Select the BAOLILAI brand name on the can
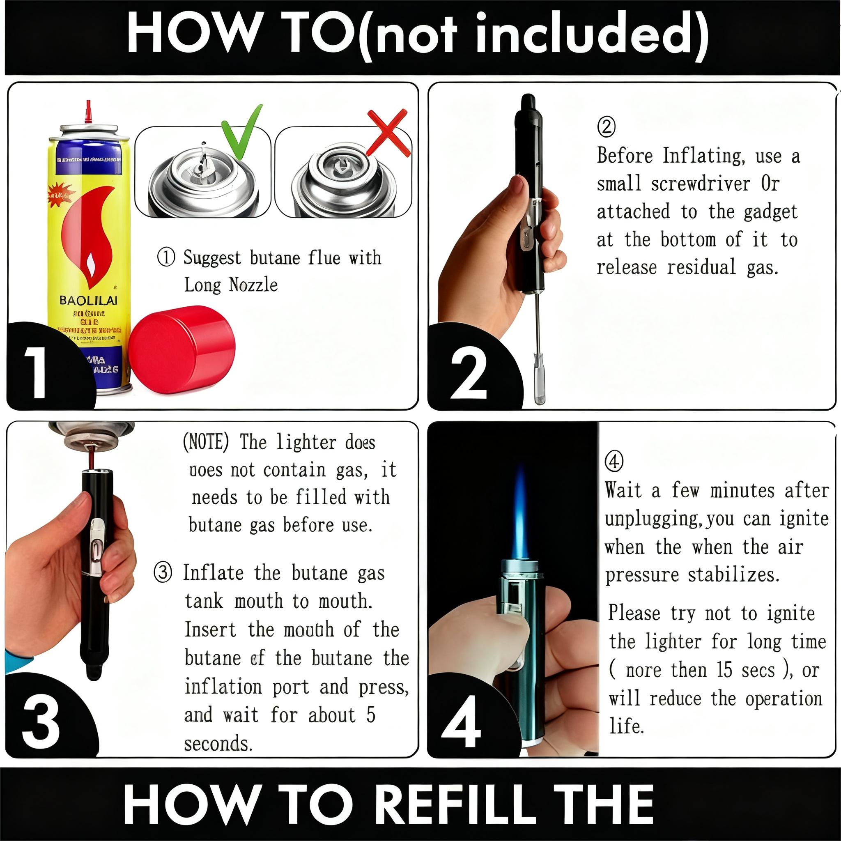[88, 300]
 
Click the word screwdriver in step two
[701, 184]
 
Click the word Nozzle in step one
[253, 285]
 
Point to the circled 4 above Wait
[614, 462]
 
